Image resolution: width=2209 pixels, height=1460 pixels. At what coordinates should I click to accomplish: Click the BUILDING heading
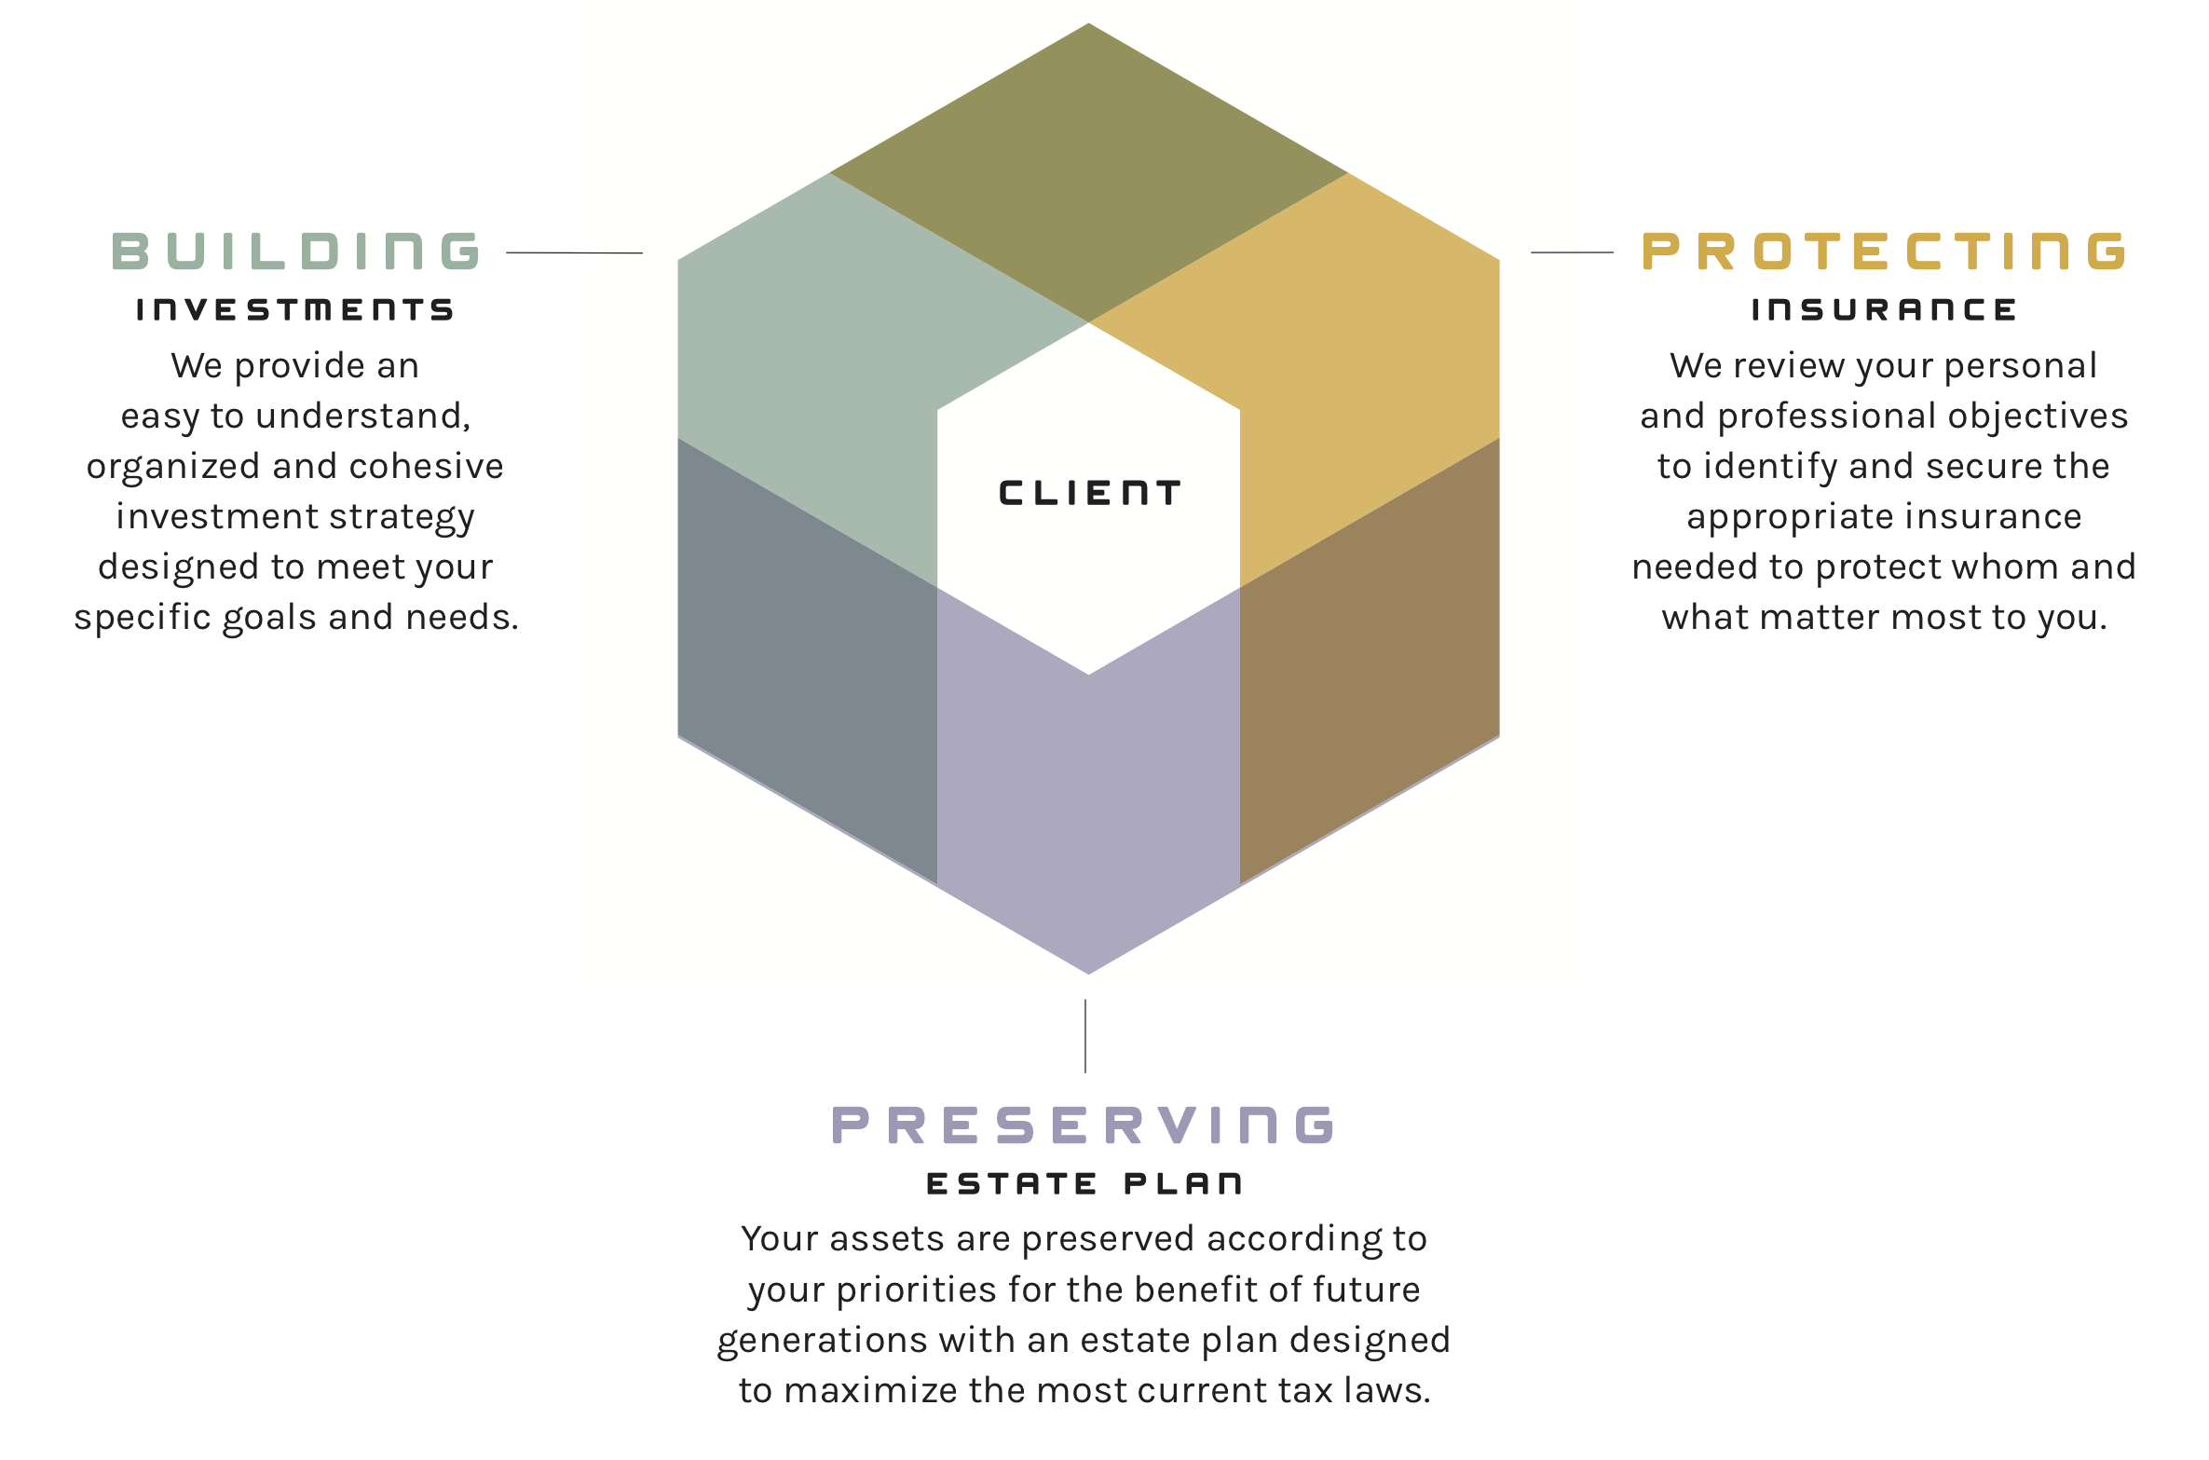pyautogui.click(x=295, y=252)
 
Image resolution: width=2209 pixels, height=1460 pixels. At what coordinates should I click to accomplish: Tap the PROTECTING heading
pyautogui.click(x=1884, y=252)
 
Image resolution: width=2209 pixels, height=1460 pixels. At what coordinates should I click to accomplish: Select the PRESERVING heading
pyautogui.click(x=1084, y=1125)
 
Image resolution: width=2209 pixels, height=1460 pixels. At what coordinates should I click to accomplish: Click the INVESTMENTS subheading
pyautogui.click(x=295, y=310)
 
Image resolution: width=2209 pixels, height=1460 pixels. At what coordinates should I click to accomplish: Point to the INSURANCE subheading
pyautogui.click(x=1884, y=310)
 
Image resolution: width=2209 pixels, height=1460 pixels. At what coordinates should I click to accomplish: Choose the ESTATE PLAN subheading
pyautogui.click(x=1084, y=1184)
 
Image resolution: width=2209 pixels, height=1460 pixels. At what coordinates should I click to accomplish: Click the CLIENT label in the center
pyautogui.click(x=1089, y=494)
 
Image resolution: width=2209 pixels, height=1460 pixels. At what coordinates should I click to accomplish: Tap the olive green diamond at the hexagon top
pyautogui.click(x=1088, y=172)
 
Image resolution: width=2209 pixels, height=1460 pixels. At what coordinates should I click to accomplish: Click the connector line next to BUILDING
pyautogui.click(x=574, y=252)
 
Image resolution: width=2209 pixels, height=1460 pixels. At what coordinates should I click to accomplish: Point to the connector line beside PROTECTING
pyautogui.click(x=1572, y=252)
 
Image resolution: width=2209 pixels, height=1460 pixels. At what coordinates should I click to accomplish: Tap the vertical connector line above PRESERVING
pyautogui.click(x=1085, y=1036)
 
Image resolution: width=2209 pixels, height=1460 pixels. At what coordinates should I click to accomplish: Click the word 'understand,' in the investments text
pyautogui.click(x=363, y=416)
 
